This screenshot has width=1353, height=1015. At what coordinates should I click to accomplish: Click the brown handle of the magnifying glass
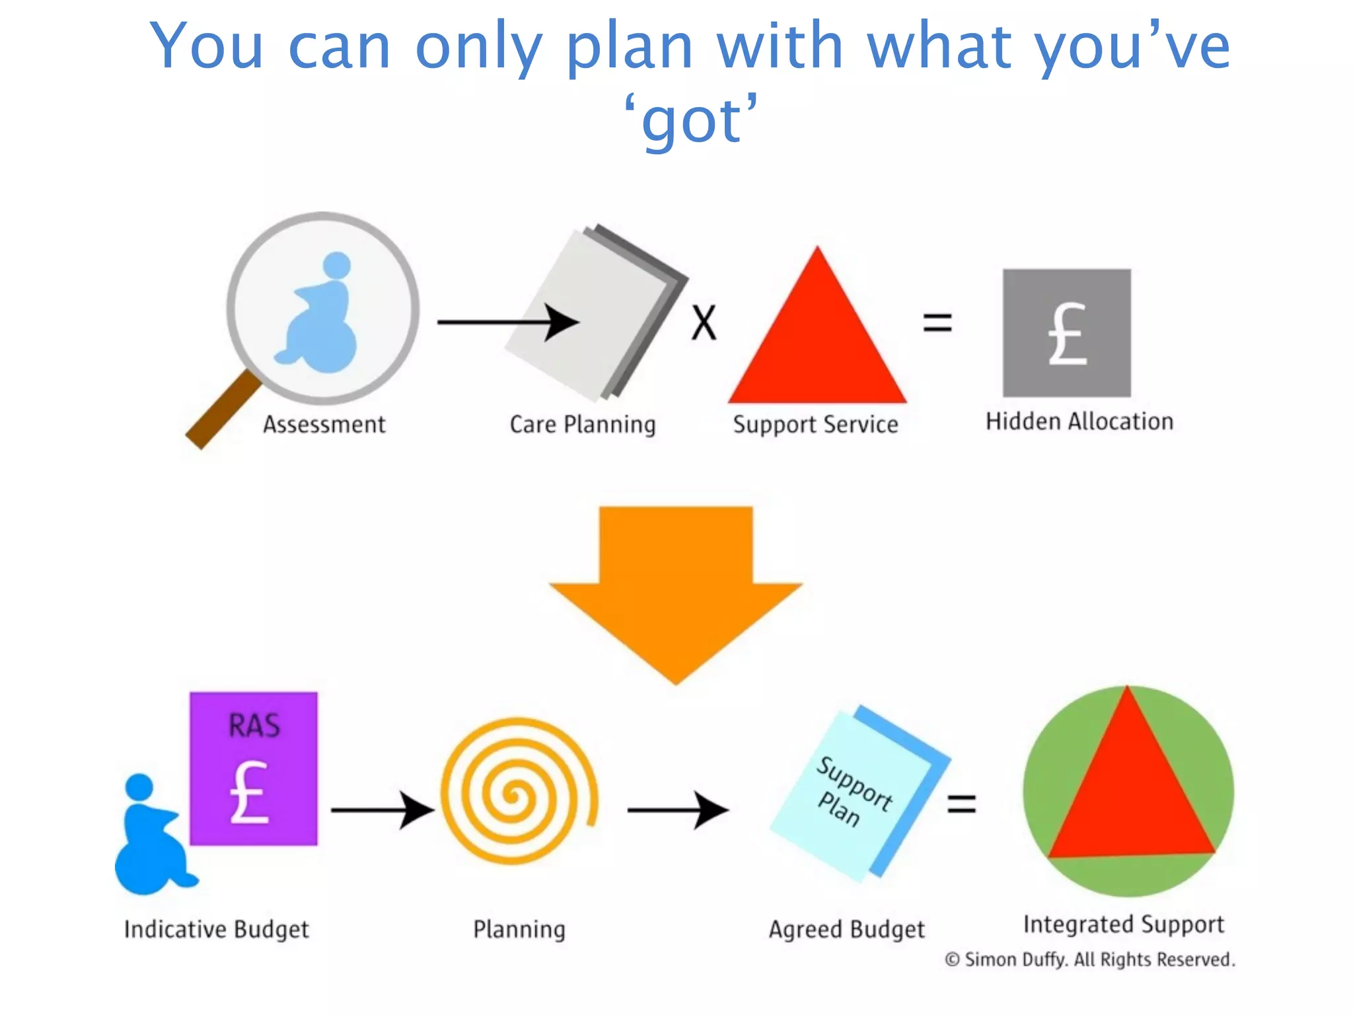point(221,411)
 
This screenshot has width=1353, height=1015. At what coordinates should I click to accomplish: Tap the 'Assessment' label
point(324,424)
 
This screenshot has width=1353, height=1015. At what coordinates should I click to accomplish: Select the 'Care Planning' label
point(582,424)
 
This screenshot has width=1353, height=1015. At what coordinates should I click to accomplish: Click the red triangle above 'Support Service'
point(817,344)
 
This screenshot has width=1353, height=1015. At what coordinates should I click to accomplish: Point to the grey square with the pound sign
point(1066,332)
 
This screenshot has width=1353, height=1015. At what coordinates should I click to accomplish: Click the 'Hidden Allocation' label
point(1079,422)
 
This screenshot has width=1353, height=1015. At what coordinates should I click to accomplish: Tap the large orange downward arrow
point(676,588)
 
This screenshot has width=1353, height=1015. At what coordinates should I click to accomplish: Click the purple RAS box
point(254,768)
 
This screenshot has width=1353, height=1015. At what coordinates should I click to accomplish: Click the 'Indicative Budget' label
point(216,929)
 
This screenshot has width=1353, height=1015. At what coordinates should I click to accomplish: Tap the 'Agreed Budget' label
point(846,929)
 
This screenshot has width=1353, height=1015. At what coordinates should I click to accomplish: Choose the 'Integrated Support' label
point(1123,924)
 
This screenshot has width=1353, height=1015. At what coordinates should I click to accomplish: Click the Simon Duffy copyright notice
point(1089,959)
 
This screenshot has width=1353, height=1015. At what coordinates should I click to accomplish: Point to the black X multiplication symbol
point(704,322)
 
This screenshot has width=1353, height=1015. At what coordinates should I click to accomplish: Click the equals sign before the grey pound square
point(937,322)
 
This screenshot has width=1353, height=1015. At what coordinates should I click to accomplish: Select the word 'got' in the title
point(692,121)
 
